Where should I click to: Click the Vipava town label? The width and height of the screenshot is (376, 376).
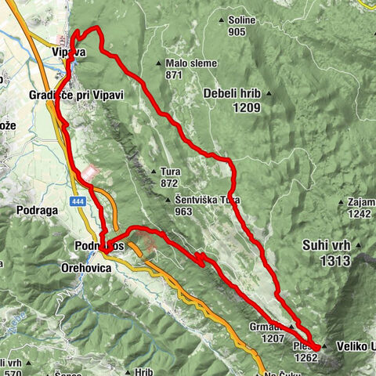click(x=67, y=52)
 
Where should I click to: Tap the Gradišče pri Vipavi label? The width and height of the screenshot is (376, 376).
click(x=76, y=94)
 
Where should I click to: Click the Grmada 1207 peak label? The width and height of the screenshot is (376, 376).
click(x=274, y=332)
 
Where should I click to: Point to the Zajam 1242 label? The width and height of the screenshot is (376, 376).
click(x=360, y=208)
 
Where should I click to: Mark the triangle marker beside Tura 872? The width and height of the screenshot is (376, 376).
click(x=153, y=172)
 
